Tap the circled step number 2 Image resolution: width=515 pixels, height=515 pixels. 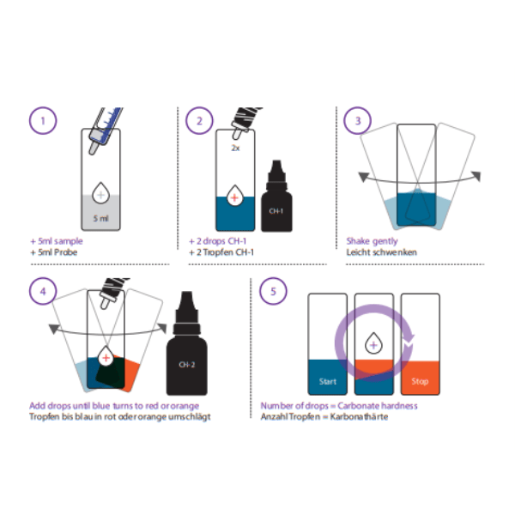tap(200, 121)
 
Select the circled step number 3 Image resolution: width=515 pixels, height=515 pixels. tap(357, 121)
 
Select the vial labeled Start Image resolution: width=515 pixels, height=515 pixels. tap(326, 343)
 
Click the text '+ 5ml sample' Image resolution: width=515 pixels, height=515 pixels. tap(56, 241)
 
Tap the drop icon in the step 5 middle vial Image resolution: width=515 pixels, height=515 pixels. tap(373, 345)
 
